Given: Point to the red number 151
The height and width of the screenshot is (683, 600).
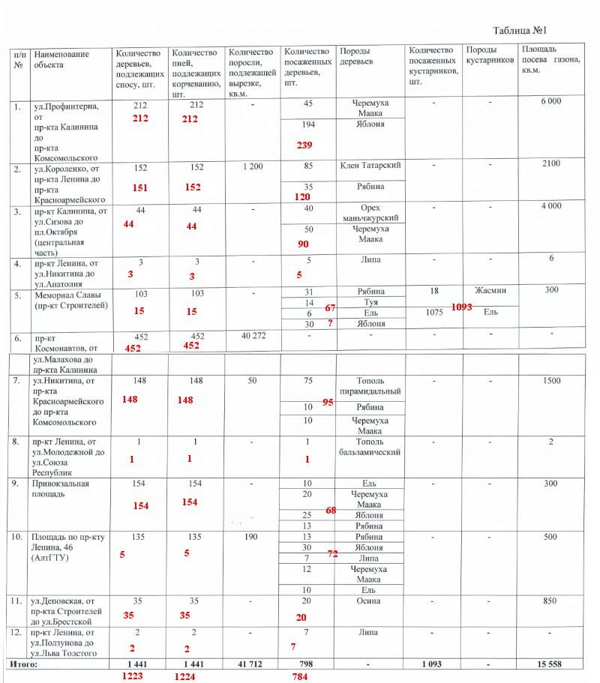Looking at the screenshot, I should point(139,188).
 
